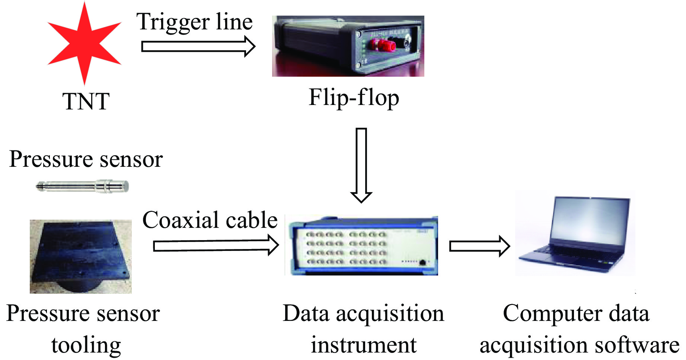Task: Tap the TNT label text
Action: (86, 101)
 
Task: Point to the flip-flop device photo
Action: (348, 46)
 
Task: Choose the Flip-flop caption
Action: (354, 98)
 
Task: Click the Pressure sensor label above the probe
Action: (86, 159)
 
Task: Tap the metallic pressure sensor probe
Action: (83, 186)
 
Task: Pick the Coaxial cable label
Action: (210, 220)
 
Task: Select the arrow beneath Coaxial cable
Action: (216, 246)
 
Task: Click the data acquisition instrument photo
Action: (361, 246)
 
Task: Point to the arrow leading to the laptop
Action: (479, 246)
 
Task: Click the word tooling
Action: (86, 345)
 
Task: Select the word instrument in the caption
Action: (364, 345)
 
